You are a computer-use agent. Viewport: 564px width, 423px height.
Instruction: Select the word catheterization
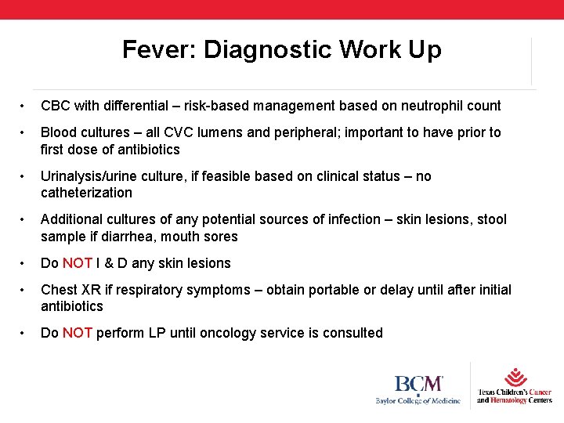[86, 193]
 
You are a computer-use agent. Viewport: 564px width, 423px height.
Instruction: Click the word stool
[490, 219]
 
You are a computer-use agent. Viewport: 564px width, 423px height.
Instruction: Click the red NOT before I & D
[78, 263]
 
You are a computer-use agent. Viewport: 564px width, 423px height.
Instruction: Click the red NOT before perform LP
[78, 333]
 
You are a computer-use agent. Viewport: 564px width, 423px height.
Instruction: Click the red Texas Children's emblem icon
[515, 377]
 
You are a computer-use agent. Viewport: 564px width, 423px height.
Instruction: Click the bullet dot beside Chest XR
[24, 291]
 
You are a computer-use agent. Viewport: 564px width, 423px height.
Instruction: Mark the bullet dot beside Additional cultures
[24, 220]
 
